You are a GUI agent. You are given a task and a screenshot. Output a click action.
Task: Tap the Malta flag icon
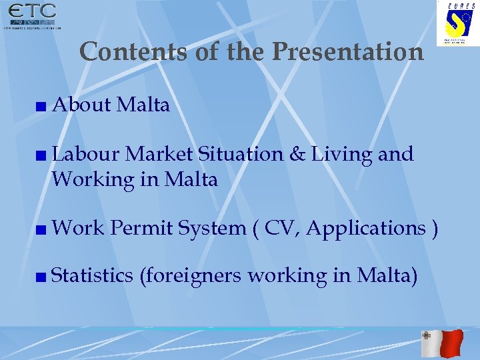pyautogui.click(x=442, y=343)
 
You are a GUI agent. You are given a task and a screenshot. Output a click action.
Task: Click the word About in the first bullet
pyautogui.click(x=81, y=105)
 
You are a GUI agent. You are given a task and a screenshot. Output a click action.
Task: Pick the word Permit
pyautogui.click(x=141, y=228)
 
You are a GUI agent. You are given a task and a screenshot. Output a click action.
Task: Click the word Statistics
pyautogui.click(x=92, y=275)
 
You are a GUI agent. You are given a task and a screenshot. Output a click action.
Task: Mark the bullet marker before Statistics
pyautogui.click(x=42, y=276)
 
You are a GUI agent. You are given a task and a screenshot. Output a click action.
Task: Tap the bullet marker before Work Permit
pyautogui.click(x=42, y=229)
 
